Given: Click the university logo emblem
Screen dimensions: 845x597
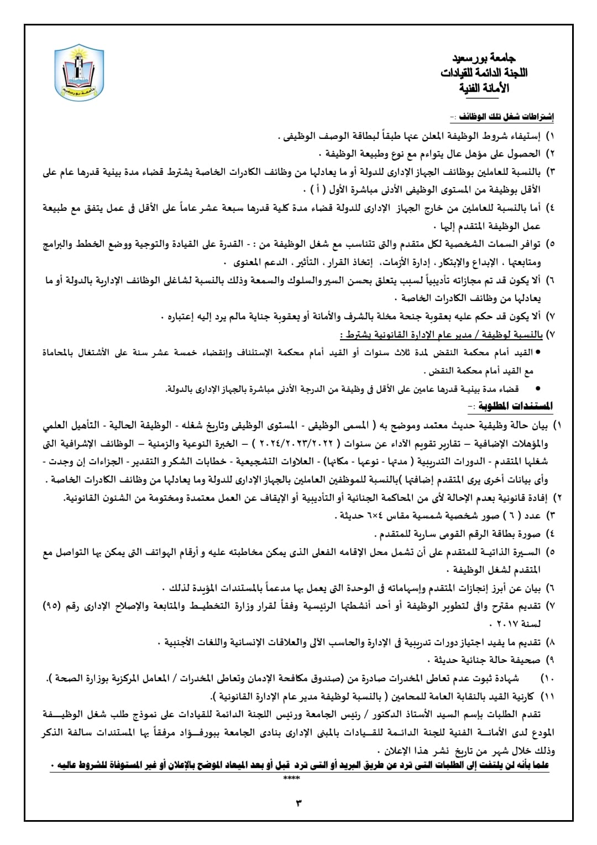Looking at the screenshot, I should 79,73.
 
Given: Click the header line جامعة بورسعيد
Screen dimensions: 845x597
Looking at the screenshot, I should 484,58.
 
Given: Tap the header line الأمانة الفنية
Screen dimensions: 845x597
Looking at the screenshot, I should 484,88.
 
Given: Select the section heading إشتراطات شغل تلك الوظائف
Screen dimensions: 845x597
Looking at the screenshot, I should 501,116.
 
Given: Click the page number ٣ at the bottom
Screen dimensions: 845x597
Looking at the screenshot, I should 298,802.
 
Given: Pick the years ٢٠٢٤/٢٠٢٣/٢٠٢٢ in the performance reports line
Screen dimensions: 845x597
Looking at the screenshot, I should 295,443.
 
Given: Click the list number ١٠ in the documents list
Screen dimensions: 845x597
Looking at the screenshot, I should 547,678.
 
